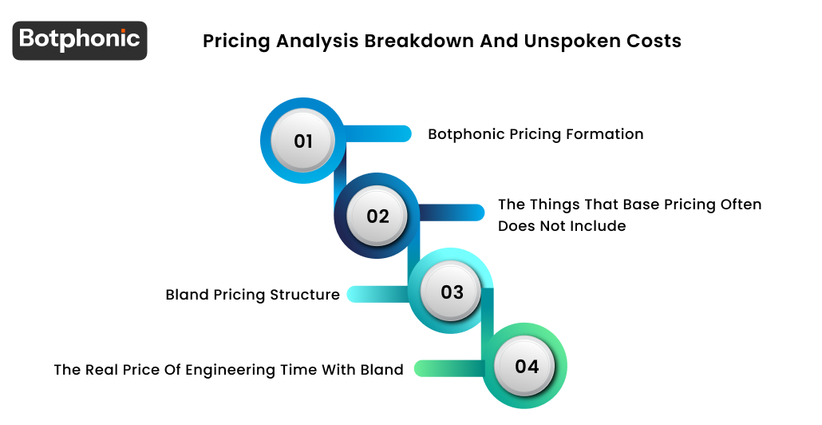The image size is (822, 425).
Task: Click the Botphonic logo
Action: point(80,40)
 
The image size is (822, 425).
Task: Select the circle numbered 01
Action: point(303,141)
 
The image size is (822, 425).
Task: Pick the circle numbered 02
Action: point(377,216)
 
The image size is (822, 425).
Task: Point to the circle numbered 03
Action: point(452,292)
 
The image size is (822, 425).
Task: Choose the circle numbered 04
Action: point(526,367)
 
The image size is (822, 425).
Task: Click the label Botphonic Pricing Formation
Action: point(535,134)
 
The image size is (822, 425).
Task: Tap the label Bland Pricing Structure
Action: point(252,295)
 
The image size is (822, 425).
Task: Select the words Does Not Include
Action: point(562,226)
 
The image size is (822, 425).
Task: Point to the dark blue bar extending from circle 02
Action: point(451,212)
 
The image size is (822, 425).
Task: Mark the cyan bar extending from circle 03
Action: point(378,294)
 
